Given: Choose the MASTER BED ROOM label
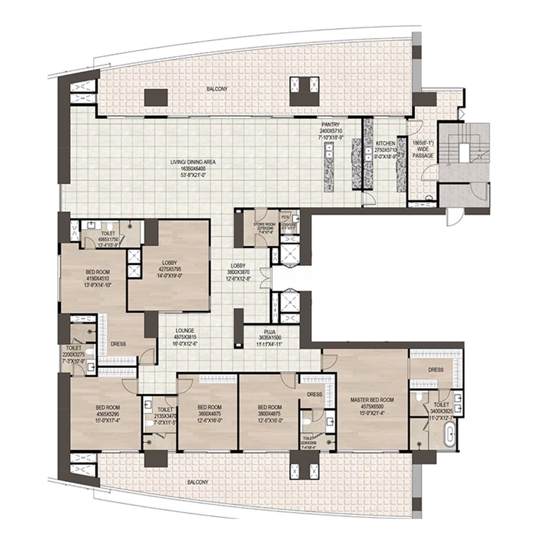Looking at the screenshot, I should point(372,400).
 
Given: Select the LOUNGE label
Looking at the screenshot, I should point(185,330).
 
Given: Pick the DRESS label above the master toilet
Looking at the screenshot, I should point(436,370).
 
